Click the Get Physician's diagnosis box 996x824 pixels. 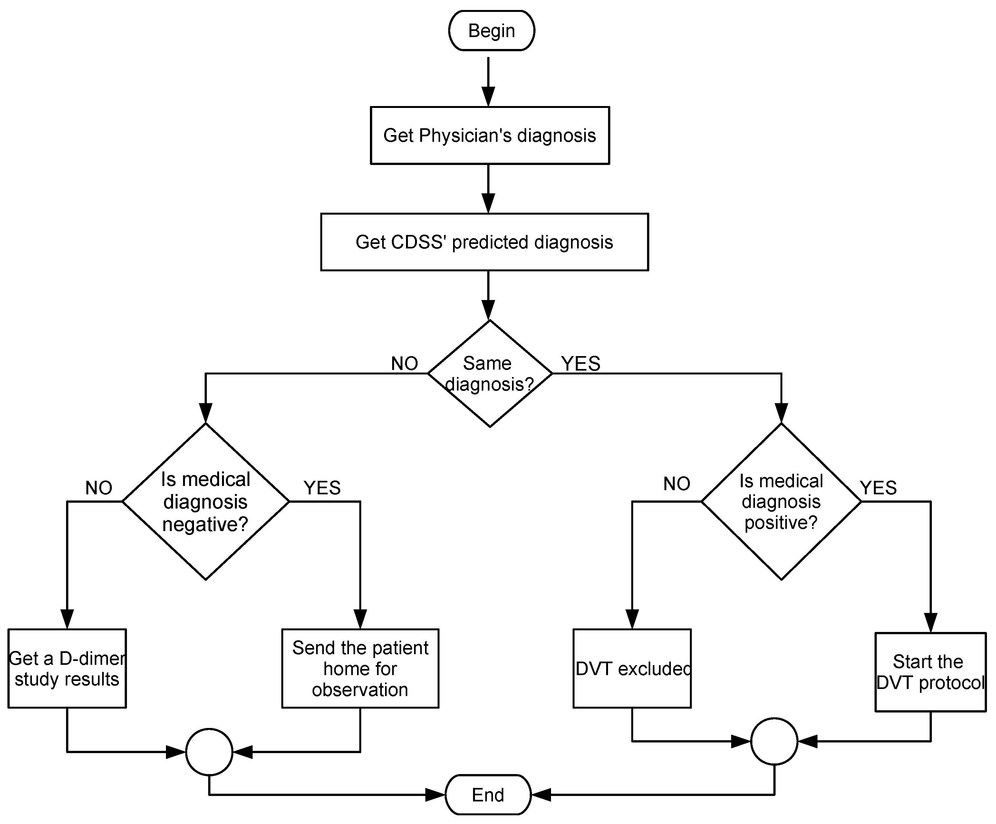[x=489, y=136]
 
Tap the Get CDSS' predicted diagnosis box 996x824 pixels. [x=484, y=242]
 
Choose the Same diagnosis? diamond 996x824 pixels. [x=489, y=374]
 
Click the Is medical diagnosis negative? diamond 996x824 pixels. [x=205, y=501]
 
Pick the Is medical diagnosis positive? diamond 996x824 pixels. [x=781, y=501]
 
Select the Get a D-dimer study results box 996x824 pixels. [x=67, y=669]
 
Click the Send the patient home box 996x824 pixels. [x=360, y=669]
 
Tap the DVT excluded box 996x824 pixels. [x=632, y=669]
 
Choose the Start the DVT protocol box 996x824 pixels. [x=930, y=672]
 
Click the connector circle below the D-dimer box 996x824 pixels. [x=209, y=752]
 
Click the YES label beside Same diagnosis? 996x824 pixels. [x=581, y=364]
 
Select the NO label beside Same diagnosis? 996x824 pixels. [x=404, y=364]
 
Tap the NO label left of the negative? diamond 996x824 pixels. [x=99, y=488]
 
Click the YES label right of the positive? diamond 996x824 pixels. [x=878, y=488]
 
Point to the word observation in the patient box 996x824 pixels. [x=360, y=690]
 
